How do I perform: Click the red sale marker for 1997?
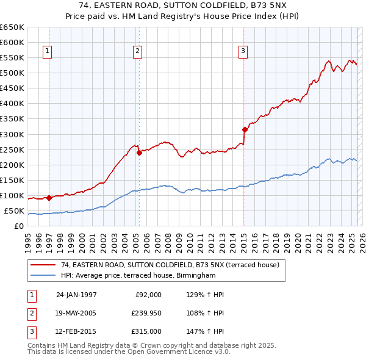coord(49,198)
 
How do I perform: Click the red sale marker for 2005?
coord(138,153)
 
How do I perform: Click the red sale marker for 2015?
coord(244,129)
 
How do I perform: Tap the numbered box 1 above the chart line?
coord(48,51)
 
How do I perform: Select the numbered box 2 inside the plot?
coord(138,51)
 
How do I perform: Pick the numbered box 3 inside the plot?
coord(243,51)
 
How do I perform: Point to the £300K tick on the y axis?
coord(12,134)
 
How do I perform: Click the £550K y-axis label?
coord(12,58)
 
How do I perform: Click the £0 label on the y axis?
coord(18,226)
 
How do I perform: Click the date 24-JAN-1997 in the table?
coord(76,295)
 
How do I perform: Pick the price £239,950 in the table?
coord(146,313)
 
